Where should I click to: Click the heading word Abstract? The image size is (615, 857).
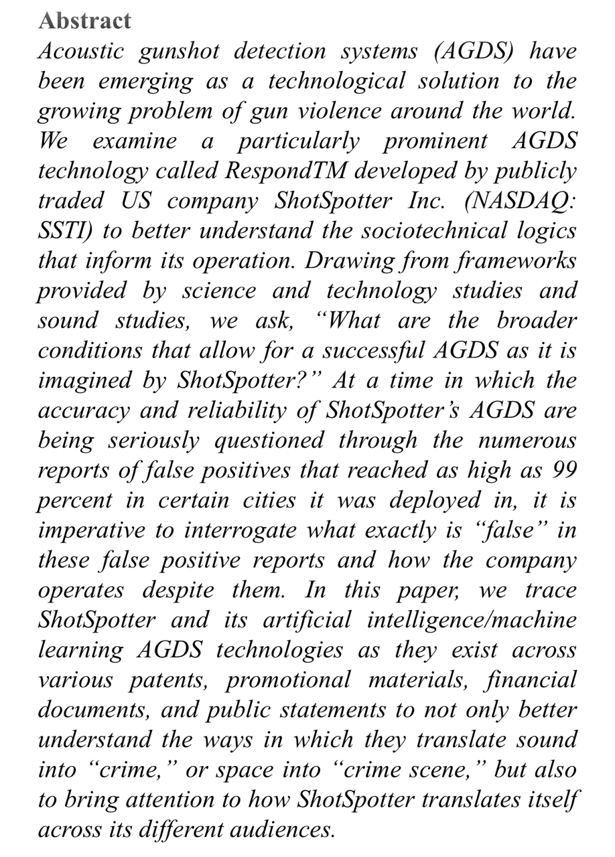tap(84, 21)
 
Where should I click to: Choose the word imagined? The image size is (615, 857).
tap(83, 380)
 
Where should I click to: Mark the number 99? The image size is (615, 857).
tap(563, 470)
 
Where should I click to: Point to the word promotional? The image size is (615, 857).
tap(287, 680)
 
